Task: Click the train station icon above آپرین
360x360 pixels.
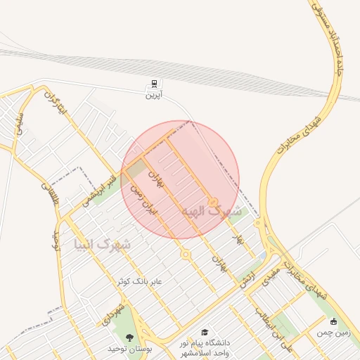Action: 153,83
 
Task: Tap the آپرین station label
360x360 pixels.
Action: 153,95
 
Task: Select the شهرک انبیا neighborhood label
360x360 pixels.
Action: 103,244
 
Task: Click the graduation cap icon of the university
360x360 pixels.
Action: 205,332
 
